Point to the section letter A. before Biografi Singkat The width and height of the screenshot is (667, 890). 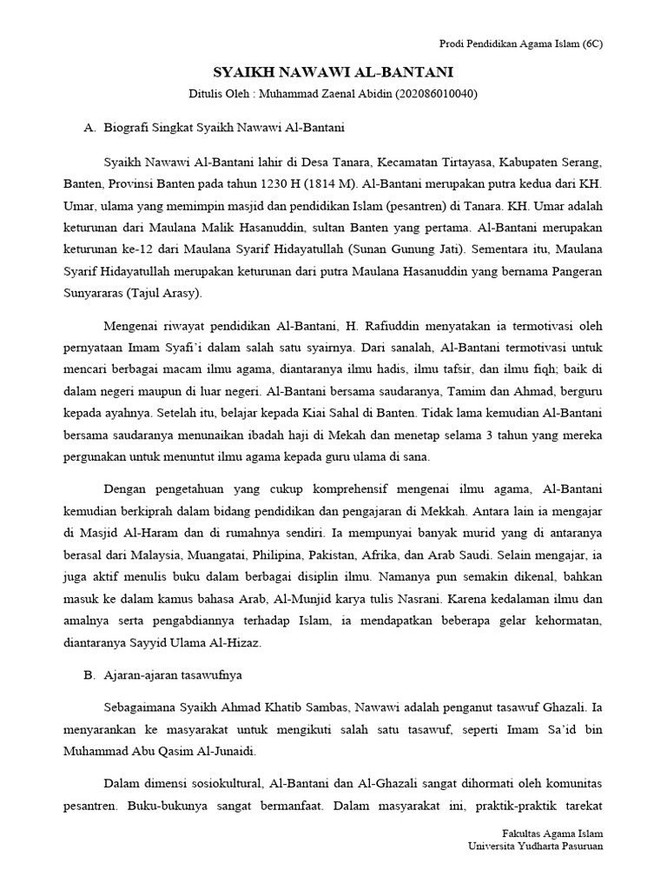click(89, 128)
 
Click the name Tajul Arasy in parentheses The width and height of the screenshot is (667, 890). click(164, 293)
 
